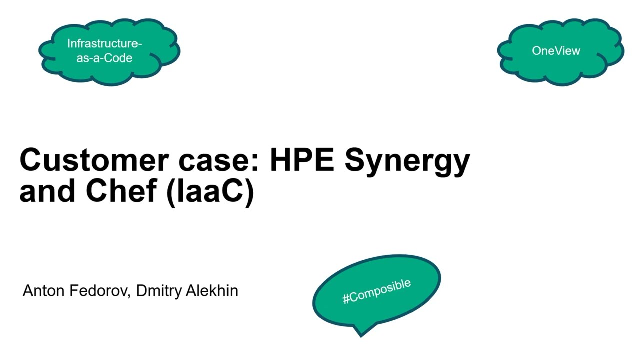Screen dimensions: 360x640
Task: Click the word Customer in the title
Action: [94, 160]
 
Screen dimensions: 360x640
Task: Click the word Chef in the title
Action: [122, 191]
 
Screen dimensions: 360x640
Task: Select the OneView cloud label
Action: [556, 51]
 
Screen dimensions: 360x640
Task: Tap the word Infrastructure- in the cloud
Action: [105, 44]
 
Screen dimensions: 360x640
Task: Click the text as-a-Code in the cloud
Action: [104, 58]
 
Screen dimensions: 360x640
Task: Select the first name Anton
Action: [43, 291]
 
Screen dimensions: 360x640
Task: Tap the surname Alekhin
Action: [212, 291]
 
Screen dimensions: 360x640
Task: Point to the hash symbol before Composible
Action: [346, 299]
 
